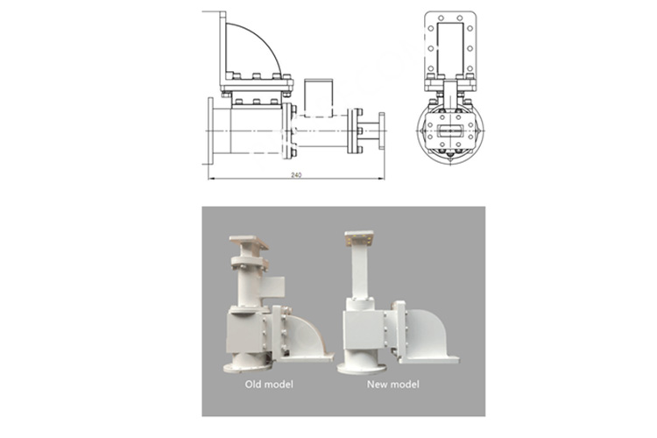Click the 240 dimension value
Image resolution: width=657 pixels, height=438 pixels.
pos(296,175)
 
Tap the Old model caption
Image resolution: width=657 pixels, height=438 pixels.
pos(269,384)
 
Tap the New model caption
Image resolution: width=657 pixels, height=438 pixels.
pos(392,384)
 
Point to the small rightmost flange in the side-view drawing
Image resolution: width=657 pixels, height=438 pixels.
pos(382,131)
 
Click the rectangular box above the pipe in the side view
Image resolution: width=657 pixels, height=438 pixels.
pos(319,97)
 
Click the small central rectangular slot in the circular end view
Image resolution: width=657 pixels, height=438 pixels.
pos(450,131)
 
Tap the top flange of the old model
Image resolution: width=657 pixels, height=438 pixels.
pos(249,242)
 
